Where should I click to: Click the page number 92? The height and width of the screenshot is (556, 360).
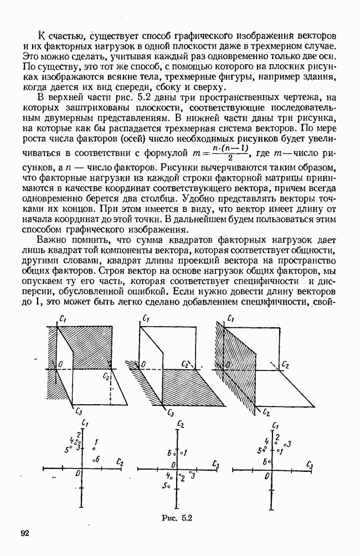click(24, 533)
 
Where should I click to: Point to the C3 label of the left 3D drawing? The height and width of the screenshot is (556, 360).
click(79, 411)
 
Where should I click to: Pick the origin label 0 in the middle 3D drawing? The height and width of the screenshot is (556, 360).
click(144, 364)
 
